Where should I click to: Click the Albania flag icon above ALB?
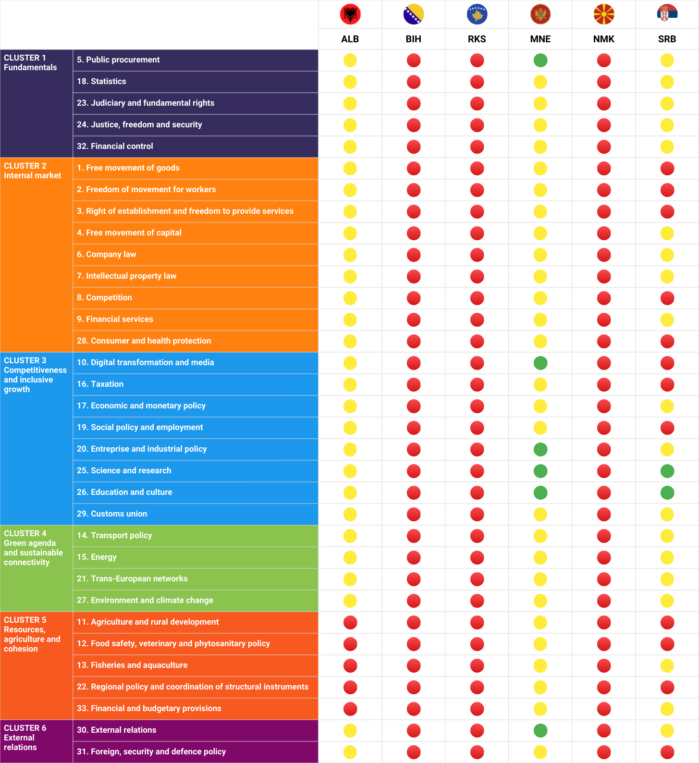350,14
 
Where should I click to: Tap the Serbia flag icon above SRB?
667,13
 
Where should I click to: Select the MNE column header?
540,39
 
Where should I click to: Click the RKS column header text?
477,39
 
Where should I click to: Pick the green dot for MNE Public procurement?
540,61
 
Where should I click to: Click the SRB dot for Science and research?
667,471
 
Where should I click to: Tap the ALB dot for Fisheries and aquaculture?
350,665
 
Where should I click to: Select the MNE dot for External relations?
540,730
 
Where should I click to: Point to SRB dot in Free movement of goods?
667,169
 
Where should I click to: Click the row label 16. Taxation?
100,384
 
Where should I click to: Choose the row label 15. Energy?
97,557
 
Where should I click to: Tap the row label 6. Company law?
106,254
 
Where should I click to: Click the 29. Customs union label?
112,514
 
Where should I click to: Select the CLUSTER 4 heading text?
25,533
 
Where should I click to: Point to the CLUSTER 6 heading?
25,728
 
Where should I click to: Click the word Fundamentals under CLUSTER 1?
30,67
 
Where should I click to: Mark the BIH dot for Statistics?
413,82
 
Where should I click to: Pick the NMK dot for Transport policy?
603,536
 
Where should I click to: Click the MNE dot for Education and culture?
540,492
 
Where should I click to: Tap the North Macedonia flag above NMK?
603,14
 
